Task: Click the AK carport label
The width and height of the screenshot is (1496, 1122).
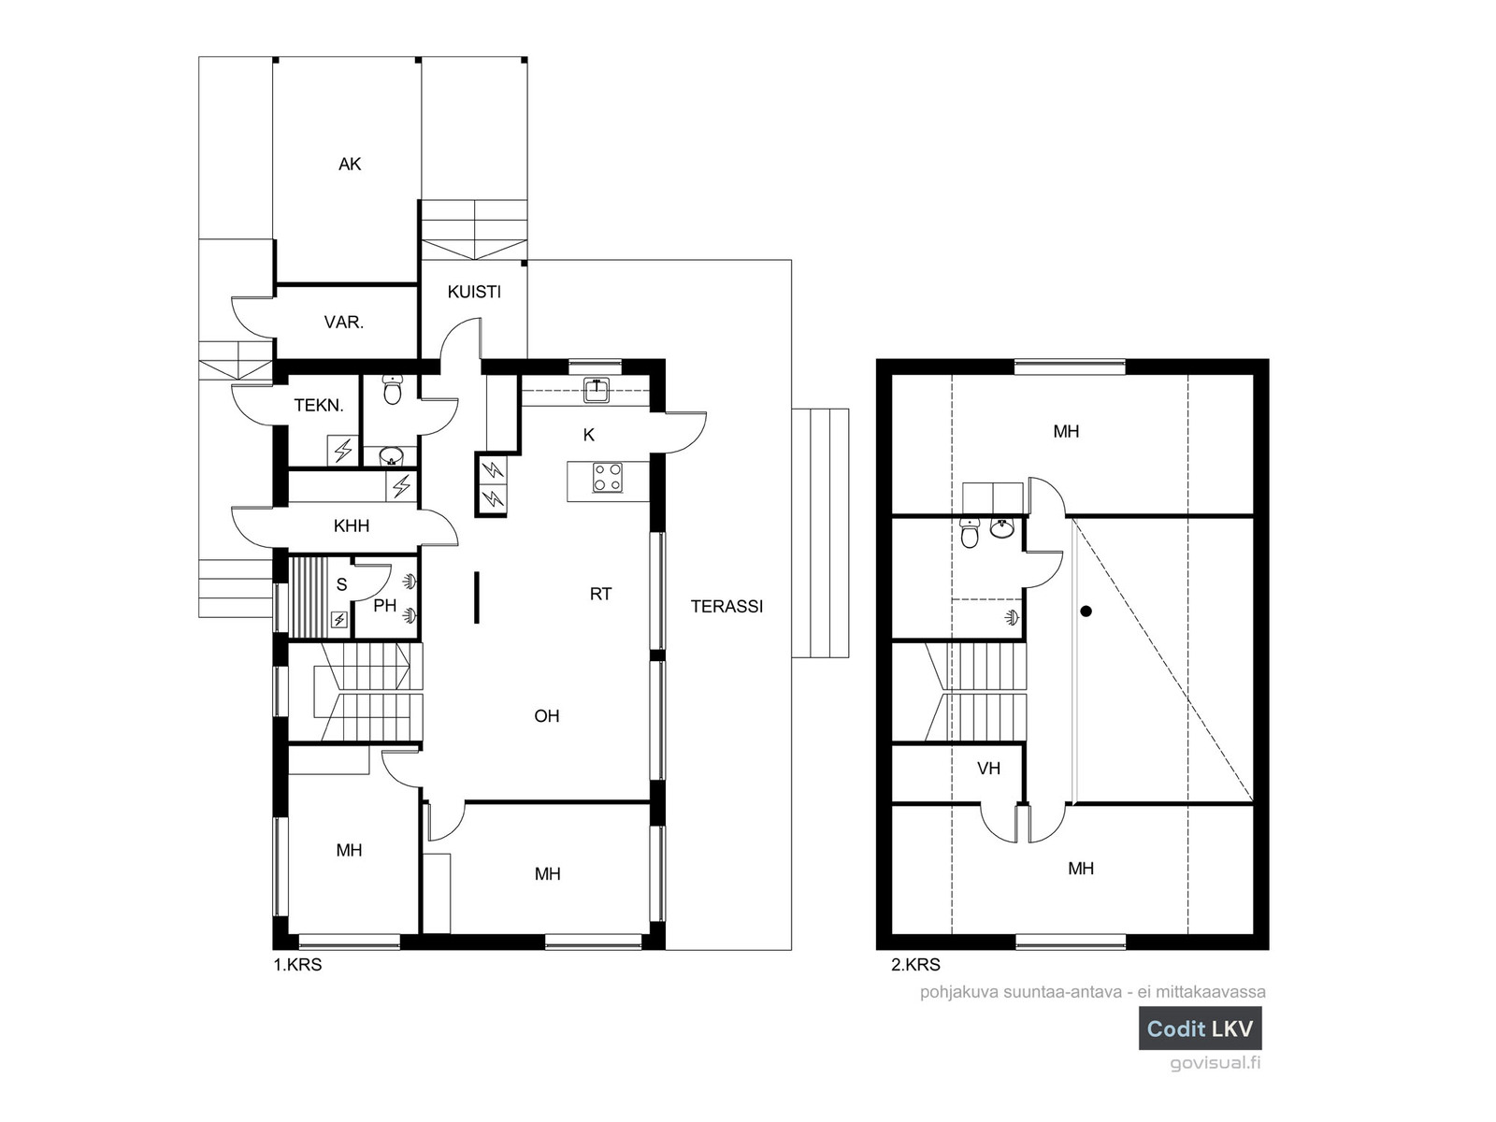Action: coord(350,165)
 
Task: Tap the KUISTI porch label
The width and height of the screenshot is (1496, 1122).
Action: coord(474,292)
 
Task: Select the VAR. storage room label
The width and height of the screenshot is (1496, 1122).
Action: coord(344,323)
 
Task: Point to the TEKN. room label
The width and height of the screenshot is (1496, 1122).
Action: coord(319,406)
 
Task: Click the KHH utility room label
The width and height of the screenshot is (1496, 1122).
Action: coord(352,525)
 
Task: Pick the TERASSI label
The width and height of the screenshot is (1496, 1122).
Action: coord(727,606)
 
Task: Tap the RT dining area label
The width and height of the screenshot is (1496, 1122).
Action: coord(600,594)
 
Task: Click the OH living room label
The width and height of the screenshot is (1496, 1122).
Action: coord(547,716)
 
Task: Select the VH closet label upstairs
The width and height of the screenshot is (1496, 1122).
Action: coord(989,769)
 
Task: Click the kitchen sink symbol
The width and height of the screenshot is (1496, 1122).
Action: coord(597,391)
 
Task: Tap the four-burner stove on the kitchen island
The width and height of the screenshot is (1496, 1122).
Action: coord(607,477)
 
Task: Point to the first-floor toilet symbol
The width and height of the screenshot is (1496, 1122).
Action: coord(393,389)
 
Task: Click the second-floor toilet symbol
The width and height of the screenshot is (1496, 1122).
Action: coord(970,533)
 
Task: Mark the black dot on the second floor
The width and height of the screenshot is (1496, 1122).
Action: coord(1086,611)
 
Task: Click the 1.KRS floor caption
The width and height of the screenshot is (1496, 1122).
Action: coord(298,965)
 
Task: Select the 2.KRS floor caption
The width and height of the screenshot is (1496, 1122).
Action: coord(916,965)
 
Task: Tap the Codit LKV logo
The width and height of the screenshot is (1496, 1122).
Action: coord(1201,1028)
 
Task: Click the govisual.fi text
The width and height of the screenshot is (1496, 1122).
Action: coord(1215,1063)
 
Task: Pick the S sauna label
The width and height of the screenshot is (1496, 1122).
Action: coord(342,584)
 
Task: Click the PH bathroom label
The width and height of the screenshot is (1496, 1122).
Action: coord(385,606)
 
